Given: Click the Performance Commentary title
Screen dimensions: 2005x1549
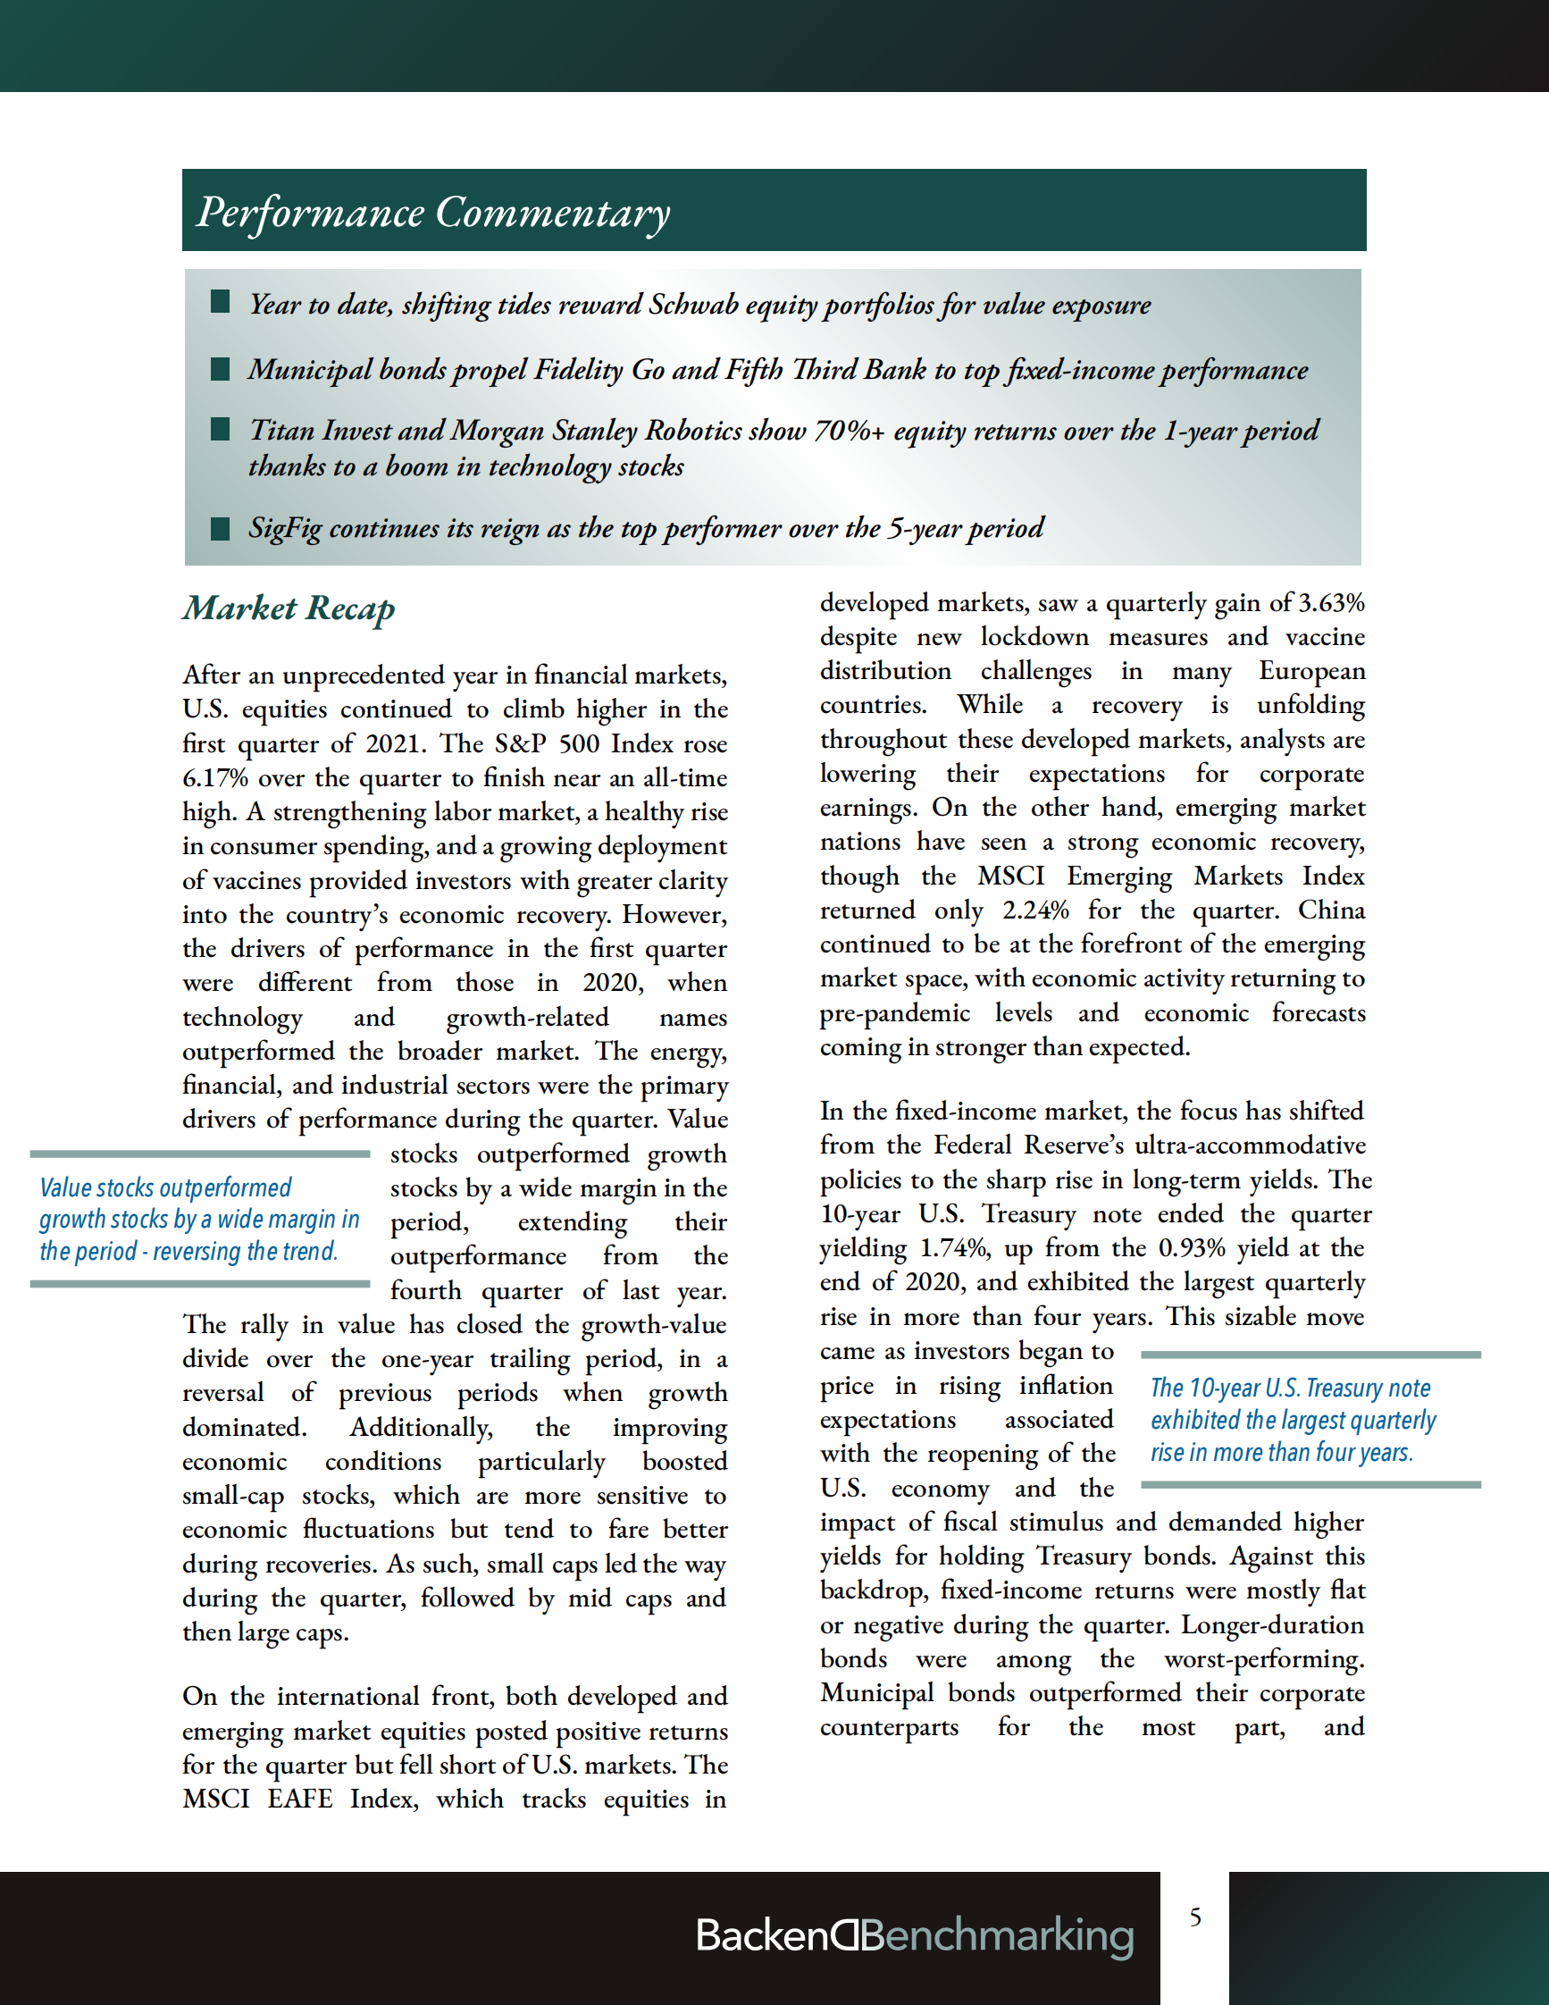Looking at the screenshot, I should click(433, 212).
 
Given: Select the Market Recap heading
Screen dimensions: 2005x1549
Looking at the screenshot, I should click(289, 608).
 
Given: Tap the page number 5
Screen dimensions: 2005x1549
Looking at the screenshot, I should click(1194, 1917).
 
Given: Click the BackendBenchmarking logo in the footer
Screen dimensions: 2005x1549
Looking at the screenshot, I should click(914, 1935).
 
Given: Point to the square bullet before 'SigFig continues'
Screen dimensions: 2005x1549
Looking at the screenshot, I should click(221, 528).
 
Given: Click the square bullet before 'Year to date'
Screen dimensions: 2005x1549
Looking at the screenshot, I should click(221, 302).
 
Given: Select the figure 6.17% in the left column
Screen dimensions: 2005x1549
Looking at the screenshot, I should click(214, 778).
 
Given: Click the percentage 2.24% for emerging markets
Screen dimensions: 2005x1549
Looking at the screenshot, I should click(1035, 910).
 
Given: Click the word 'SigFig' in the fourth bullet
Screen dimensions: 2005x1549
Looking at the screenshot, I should click(284, 529).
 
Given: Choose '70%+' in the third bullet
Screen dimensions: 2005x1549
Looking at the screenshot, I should click(850, 431).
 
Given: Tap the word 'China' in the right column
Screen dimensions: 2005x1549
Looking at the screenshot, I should click(1332, 910).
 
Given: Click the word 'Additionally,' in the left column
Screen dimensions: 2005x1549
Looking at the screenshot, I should click(422, 1428).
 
